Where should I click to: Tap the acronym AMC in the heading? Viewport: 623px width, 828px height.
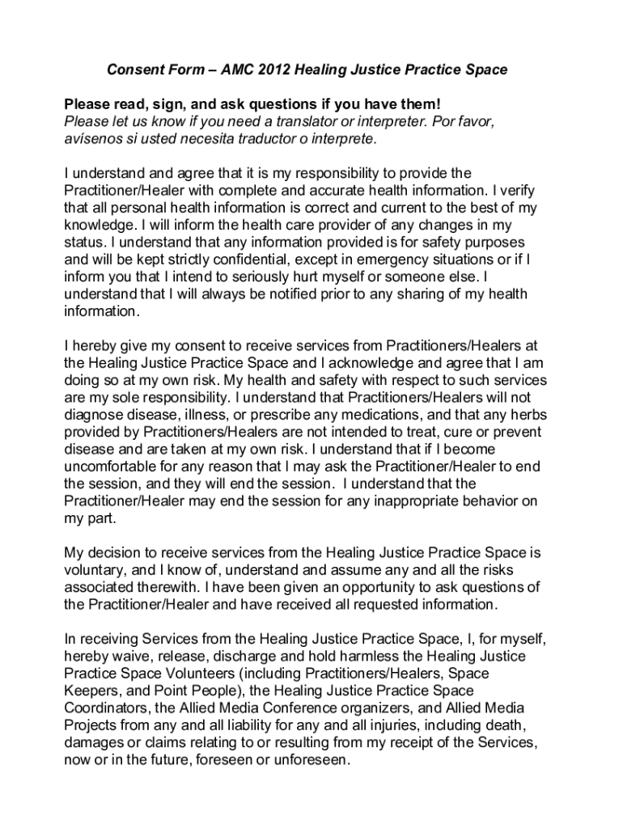(233, 70)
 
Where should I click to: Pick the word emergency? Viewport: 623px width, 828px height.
(394, 260)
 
